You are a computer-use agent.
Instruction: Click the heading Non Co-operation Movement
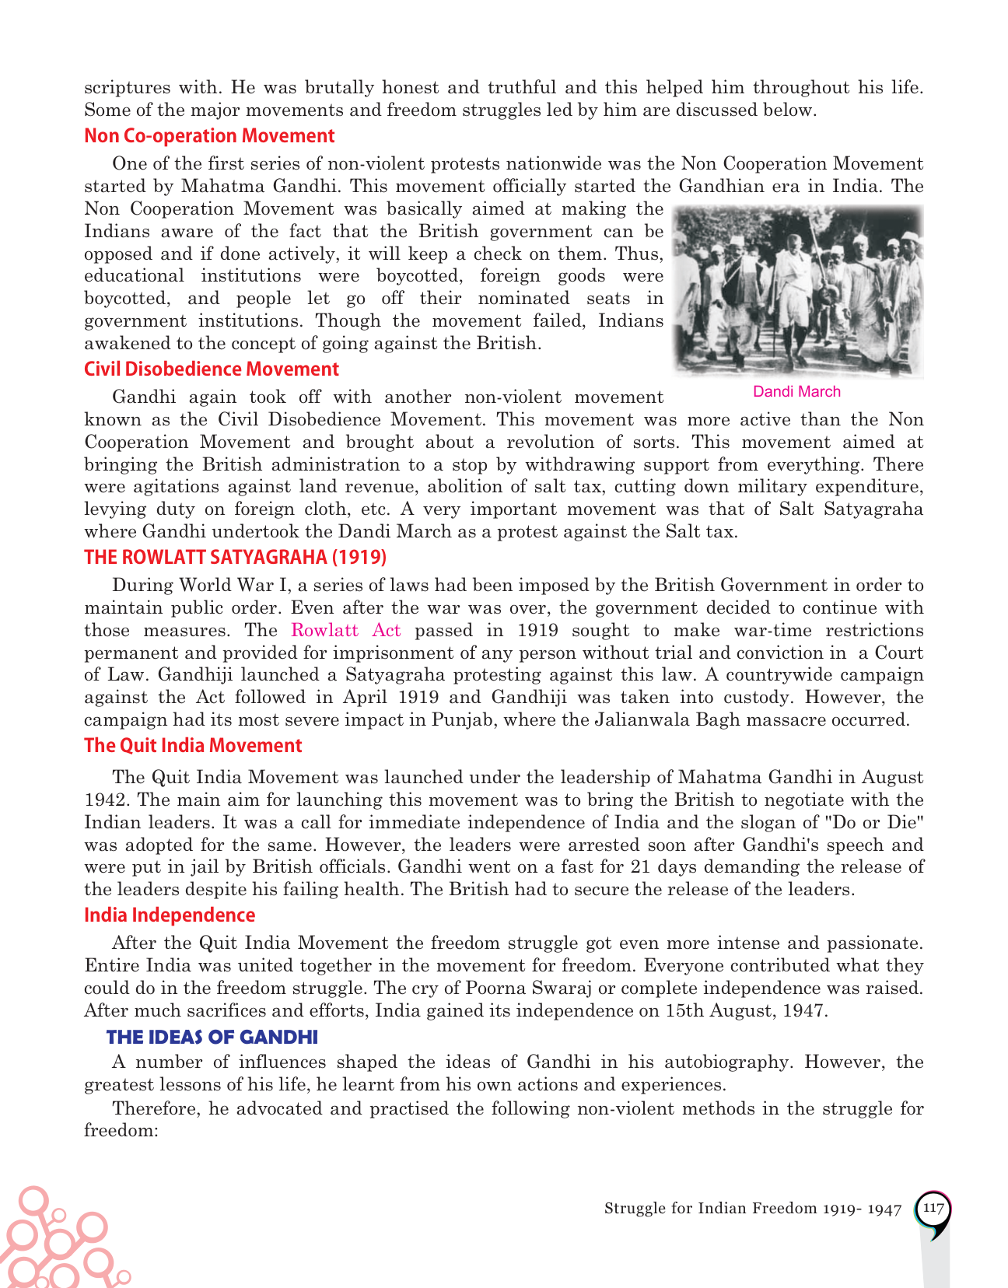coord(209,136)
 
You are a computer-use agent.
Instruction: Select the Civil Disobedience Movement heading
coord(212,369)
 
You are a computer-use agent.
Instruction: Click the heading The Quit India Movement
coord(193,746)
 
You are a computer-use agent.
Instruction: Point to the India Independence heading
coord(170,915)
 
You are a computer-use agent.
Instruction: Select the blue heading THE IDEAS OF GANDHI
coord(212,1038)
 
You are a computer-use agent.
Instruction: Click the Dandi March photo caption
coord(796,392)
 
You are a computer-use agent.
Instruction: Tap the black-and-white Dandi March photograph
coord(799,292)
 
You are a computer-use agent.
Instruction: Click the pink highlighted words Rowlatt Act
coord(346,631)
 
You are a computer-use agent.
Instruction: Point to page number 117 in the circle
coord(933,1209)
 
